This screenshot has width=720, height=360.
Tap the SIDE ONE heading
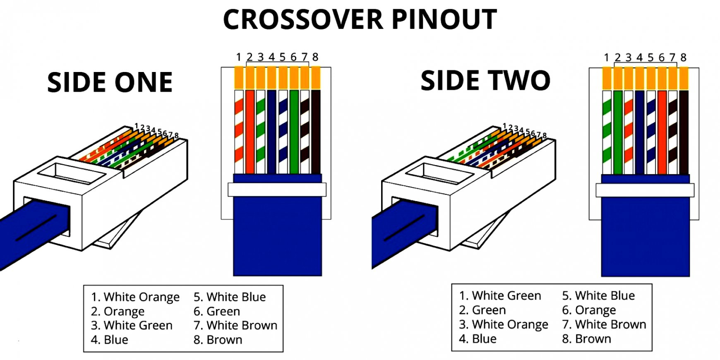pyautogui.click(x=110, y=82)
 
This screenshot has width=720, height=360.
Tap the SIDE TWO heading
pyautogui.click(x=485, y=80)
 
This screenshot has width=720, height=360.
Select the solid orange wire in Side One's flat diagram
pyautogui.click(x=250, y=132)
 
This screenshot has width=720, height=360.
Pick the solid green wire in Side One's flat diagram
pyautogui.click(x=294, y=132)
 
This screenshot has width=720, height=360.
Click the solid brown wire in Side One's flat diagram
pyautogui.click(x=316, y=132)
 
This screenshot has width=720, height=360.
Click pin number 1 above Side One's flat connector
pyautogui.click(x=239, y=57)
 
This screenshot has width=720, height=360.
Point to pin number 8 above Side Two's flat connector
pyautogui.click(x=683, y=58)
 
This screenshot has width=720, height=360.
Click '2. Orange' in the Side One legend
pyautogui.click(x=118, y=311)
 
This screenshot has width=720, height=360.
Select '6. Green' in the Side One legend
pyautogui.click(x=217, y=311)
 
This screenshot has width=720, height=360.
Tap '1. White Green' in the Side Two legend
pyautogui.click(x=500, y=295)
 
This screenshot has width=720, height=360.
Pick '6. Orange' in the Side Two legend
pyautogui.click(x=589, y=310)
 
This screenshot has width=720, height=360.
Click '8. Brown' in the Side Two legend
pyautogui.click(x=586, y=338)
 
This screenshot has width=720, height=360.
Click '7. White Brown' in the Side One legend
pyautogui.click(x=235, y=325)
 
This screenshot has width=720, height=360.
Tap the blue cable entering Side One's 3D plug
pyautogui.click(x=29, y=232)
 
